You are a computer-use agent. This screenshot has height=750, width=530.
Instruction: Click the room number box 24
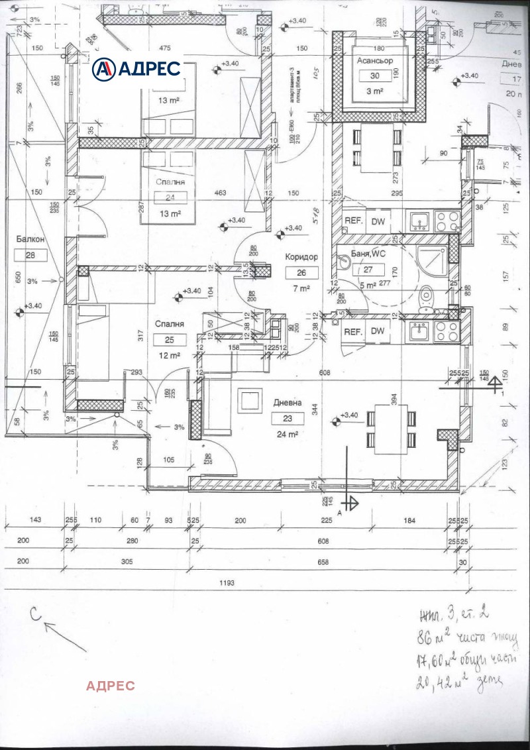pyautogui.click(x=171, y=197)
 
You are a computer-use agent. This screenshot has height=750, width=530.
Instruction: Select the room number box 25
pyautogui.click(x=170, y=340)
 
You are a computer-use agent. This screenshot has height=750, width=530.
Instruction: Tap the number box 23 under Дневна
pyautogui.click(x=288, y=418)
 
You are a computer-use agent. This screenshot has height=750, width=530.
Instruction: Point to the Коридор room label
pyautogui.click(x=301, y=257)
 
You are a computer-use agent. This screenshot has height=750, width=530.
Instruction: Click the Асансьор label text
pyautogui.click(x=376, y=60)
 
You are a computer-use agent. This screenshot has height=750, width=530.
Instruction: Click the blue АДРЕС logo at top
pyautogui.click(x=136, y=68)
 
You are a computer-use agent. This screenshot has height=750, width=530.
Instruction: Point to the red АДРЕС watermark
pyautogui.click(x=110, y=685)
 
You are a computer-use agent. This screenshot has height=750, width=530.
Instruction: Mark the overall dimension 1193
pyautogui.click(x=227, y=582)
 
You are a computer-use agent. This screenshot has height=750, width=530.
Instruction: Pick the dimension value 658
pyautogui.click(x=323, y=562)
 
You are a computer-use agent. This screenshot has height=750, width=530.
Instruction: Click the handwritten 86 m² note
pyautogui.click(x=460, y=639)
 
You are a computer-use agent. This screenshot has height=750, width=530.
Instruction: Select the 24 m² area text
pyautogui.click(x=288, y=435)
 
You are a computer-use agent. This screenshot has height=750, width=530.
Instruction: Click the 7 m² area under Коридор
pyautogui.click(x=301, y=289)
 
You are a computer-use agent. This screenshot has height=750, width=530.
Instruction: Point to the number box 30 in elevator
pyautogui.click(x=375, y=76)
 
